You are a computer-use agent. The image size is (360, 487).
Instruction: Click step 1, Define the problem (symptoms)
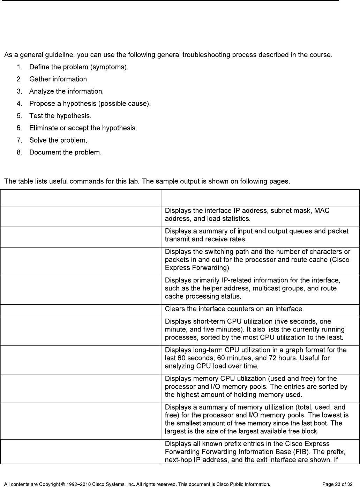tap(79, 67)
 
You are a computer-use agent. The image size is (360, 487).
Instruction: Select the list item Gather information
tap(59, 79)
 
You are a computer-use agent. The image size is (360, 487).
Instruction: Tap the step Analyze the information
tap(66, 91)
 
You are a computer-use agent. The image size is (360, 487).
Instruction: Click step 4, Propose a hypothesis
tap(90, 104)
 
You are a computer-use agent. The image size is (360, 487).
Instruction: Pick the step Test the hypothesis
tap(60, 116)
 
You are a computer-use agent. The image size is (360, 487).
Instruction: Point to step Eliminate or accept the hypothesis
tap(83, 128)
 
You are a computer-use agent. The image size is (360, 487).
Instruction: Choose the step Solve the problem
tap(58, 140)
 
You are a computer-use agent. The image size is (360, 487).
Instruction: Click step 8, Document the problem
tap(66, 152)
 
